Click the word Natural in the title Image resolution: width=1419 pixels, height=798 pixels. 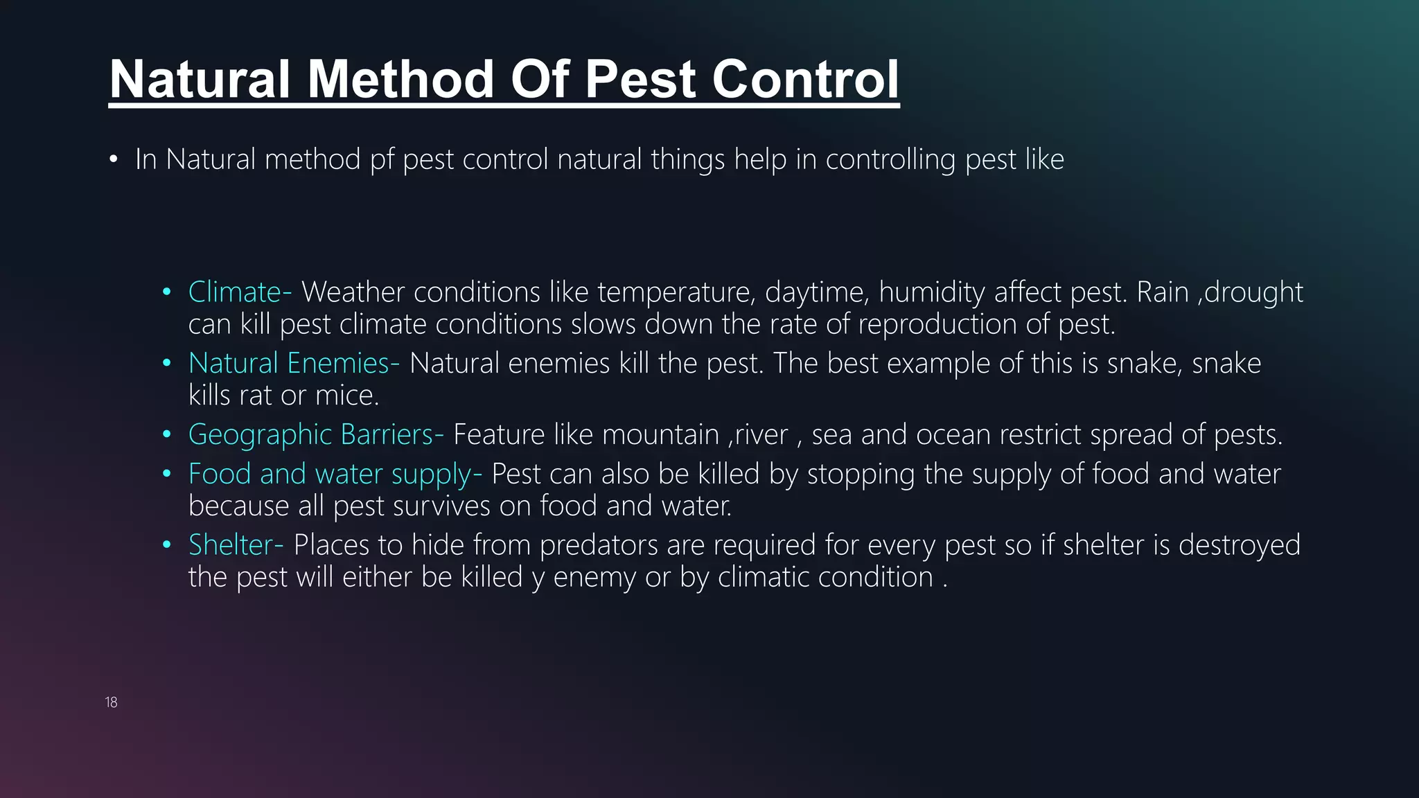pos(200,79)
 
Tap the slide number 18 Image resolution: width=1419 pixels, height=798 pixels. pos(111,702)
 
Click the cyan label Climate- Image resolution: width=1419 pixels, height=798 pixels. pos(240,292)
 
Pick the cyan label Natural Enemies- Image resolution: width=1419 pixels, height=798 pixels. pos(294,364)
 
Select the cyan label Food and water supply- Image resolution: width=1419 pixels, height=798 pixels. pos(335,475)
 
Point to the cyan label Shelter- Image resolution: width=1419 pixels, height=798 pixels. pos(236,545)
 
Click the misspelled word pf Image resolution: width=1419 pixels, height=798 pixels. pos(381,160)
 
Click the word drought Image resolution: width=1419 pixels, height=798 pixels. pos(1254,292)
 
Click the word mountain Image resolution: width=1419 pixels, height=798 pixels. pos(660,435)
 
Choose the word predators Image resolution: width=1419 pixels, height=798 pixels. pos(599,545)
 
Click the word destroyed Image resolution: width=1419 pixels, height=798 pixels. pos(1240,545)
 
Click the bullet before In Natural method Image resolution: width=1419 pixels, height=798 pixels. pos(114,160)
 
